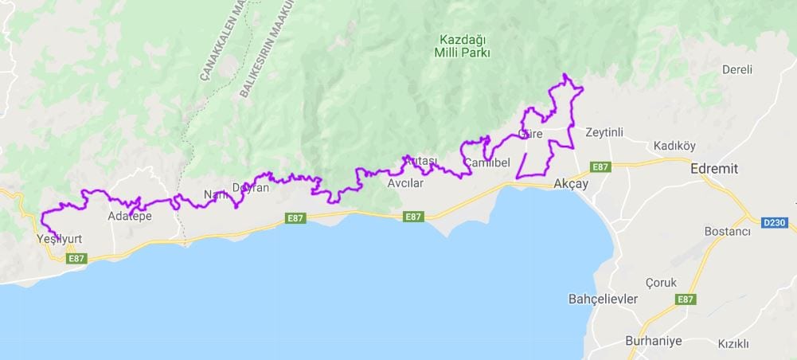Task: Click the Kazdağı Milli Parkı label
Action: pos(465,46)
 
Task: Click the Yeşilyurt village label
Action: pos(59,239)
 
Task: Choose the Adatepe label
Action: pos(129,216)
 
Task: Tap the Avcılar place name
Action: pos(404,183)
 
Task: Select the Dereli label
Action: pos(736,69)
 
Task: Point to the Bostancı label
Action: pos(728,231)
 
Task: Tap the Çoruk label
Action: pos(662,283)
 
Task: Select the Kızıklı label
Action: pos(733,344)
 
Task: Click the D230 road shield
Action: pos(775,222)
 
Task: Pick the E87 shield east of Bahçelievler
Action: pos(685,299)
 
